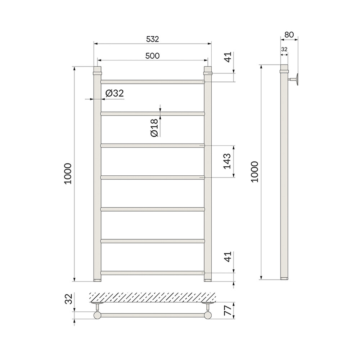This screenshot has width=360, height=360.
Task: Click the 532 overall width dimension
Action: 152,39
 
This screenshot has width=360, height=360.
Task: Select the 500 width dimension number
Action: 152,56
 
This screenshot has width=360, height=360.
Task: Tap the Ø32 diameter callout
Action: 114,93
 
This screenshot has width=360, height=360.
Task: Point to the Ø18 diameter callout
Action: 155,128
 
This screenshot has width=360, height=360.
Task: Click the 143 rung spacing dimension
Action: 227,161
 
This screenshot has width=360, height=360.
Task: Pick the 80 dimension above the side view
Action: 289,35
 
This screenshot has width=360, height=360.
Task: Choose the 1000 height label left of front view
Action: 68,174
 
